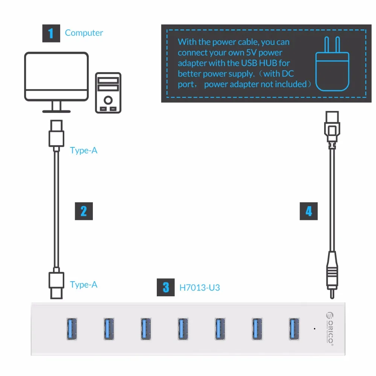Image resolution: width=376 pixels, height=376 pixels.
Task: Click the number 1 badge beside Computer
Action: [x=51, y=33]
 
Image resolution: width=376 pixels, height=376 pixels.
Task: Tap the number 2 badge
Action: [x=83, y=211]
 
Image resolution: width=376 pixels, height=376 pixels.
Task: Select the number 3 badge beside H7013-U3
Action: [x=166, y=288]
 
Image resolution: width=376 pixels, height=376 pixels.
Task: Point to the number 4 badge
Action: [x=309, y=211]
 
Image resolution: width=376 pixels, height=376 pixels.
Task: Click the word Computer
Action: [x=84, y=33]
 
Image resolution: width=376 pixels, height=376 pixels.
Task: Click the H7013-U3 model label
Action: [x=200, y=288]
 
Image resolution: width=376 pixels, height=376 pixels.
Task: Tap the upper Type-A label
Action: [x=83, y=150]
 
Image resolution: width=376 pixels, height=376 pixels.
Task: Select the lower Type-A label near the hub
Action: [x=83, y=285]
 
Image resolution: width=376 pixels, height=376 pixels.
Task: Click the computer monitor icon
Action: [x=56, y=81]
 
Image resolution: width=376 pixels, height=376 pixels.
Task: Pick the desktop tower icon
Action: [x=108, y=93]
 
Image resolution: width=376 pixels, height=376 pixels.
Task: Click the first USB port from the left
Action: [x=72, y=329]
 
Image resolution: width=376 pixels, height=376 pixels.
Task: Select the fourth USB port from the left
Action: [x=183, y=329]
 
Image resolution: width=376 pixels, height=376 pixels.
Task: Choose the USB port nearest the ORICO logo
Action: [x=294, y=329]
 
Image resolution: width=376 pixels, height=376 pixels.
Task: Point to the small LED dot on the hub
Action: [x=314, y=328]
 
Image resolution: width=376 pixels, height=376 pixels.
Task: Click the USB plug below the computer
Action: [x=56, y=133]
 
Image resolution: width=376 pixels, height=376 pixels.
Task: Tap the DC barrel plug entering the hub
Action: [x=331, y=273]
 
